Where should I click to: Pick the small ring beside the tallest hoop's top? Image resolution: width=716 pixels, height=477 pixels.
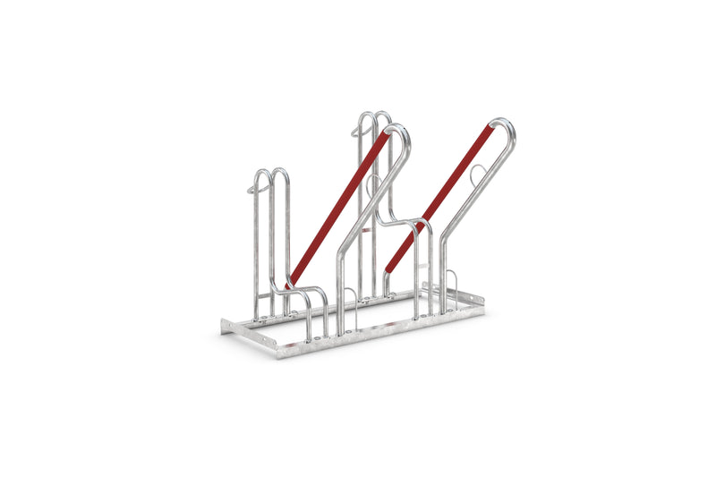pyautogui.click(x=358, y=132)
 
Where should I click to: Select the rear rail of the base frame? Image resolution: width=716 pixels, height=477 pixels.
pyautogui.click(x=358, y=301)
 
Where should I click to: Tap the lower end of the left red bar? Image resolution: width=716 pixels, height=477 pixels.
pyautogui.click(x=291, y=284)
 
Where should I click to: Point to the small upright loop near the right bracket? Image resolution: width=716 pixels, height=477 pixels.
pyautogui.click(x=453, y=277)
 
